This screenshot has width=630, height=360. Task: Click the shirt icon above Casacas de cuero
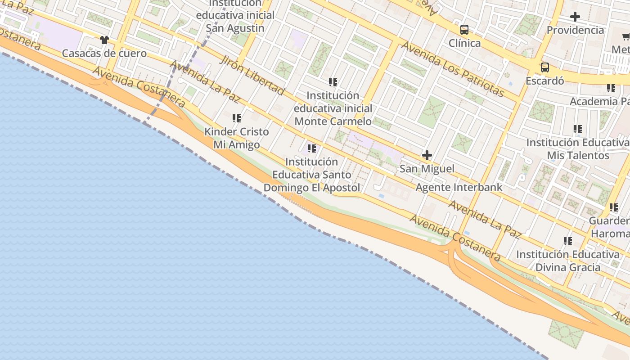(x=104, y=40)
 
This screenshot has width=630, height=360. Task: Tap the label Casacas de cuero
(x=104, y=54)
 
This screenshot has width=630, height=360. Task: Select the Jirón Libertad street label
(x=252, y=75)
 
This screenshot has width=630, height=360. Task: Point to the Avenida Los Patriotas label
(x=452, y=69)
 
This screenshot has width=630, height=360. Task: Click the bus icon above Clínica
(x=464, y=30)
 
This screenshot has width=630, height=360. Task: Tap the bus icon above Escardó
(x=544, y=67)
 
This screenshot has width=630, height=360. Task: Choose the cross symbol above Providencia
(x=575, y=17)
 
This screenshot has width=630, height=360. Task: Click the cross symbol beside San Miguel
(x=427, y=156)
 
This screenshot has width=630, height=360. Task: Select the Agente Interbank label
(x=459, y=187)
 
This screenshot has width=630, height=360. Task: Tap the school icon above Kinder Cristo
(x=236, y=118)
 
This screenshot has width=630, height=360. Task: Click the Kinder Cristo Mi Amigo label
(x=236, y=138)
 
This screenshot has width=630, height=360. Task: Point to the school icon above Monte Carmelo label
(x=333, y=82)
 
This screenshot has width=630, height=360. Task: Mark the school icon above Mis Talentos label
(x=578, y=130)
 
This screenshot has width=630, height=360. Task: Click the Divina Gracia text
(x=567, y=267)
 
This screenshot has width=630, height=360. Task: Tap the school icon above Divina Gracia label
(x=568, y=241)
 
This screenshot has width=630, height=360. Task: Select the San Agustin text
(x=235, y=28)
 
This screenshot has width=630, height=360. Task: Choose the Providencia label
(x=575, y=30)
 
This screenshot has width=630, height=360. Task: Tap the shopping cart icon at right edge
(x=626, y=37)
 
